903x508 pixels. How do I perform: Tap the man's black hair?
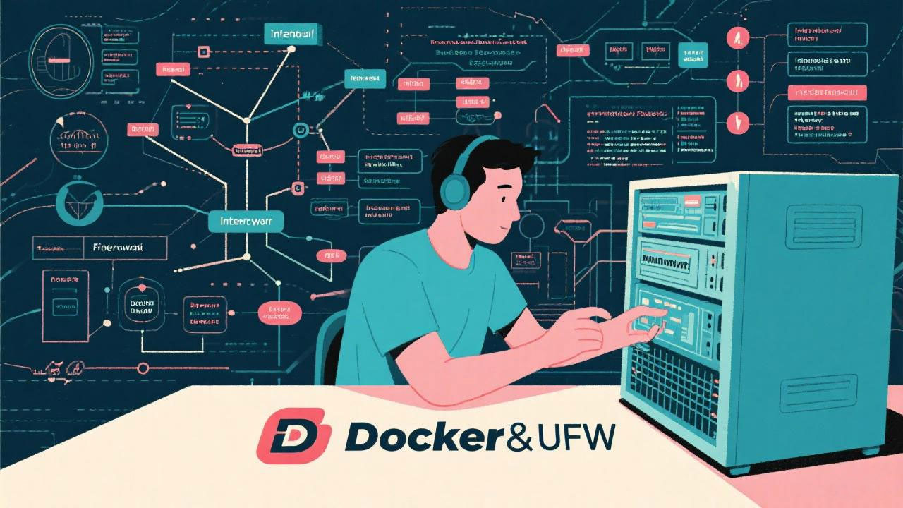tap(494, 155)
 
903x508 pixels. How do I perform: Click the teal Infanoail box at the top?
tap(293, 33)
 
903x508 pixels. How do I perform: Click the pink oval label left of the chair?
tap(280, 313)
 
